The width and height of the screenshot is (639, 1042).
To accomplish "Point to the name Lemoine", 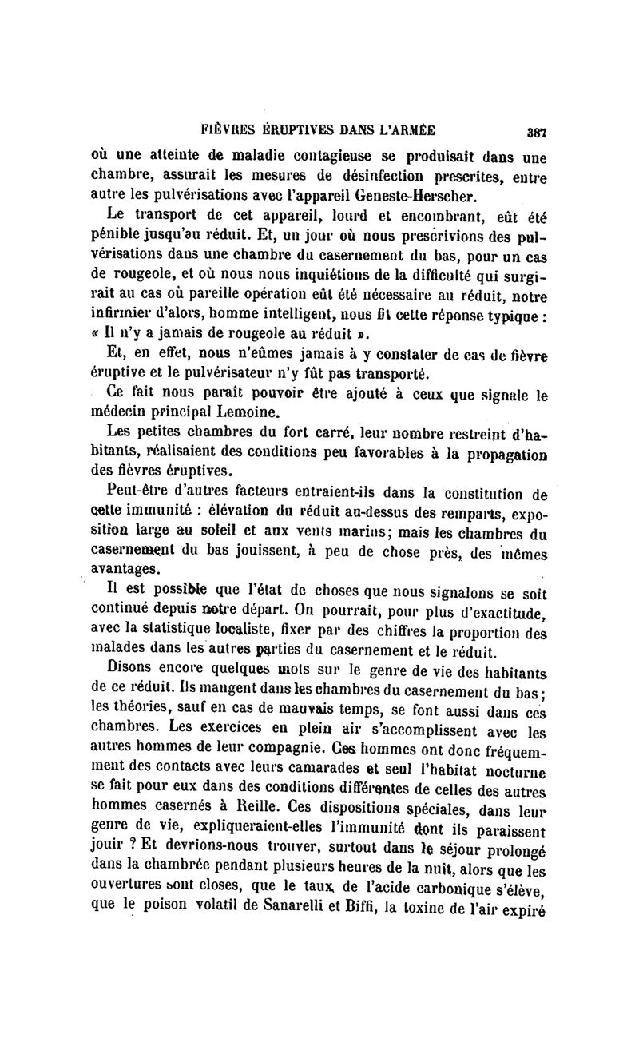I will point(252,413).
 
